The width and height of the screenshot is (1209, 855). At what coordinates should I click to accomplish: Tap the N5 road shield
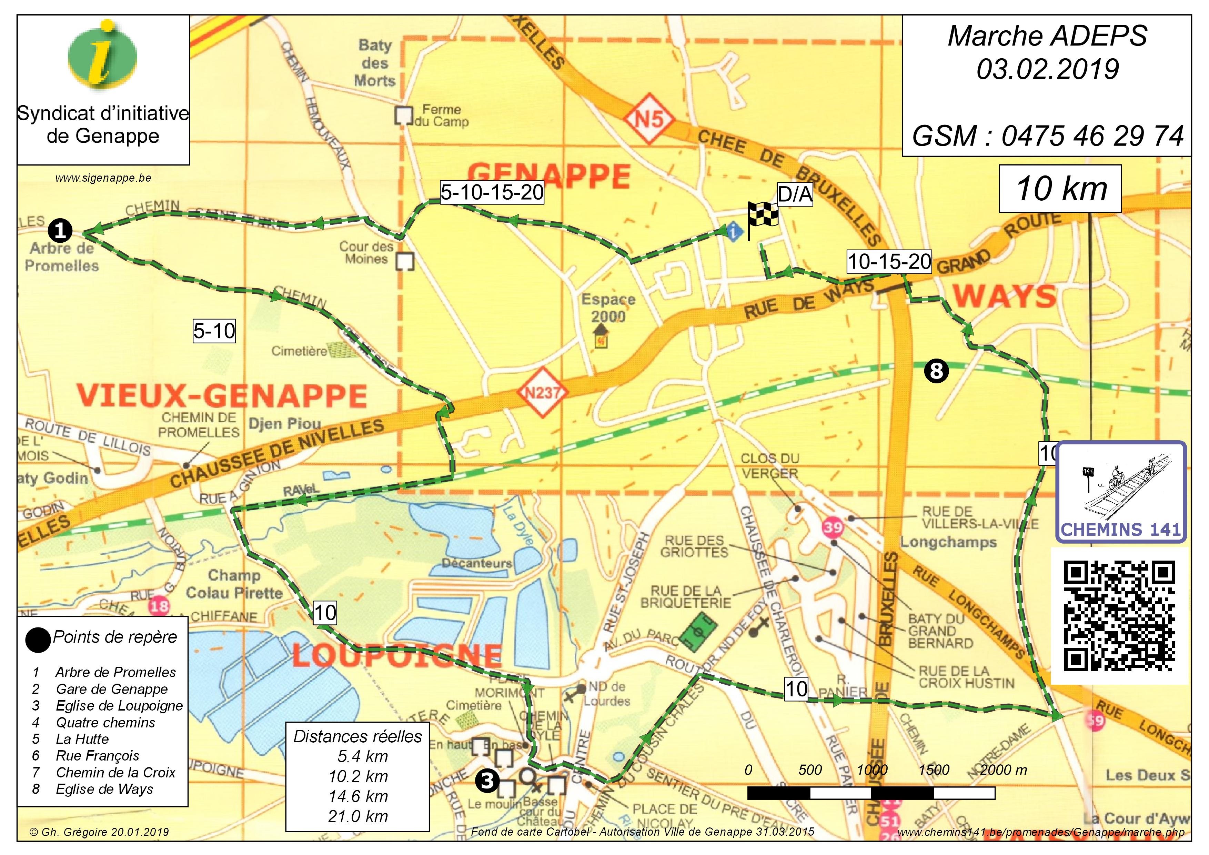[x=649, y=119]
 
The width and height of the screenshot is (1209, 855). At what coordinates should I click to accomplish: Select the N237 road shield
[x=543, y=392]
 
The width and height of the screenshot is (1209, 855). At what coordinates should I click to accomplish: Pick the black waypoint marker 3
[x=487, y=780]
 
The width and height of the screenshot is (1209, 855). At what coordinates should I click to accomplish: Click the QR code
[x=1120, y=616]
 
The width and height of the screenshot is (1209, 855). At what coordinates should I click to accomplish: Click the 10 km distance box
[x=1060, y=189]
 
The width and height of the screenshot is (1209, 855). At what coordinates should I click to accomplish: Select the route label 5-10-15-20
[x=492, y=193]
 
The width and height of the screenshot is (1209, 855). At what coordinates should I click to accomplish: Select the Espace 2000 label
[x=608, y=308]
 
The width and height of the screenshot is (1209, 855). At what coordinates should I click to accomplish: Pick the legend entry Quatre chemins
[x=105, y=722]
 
